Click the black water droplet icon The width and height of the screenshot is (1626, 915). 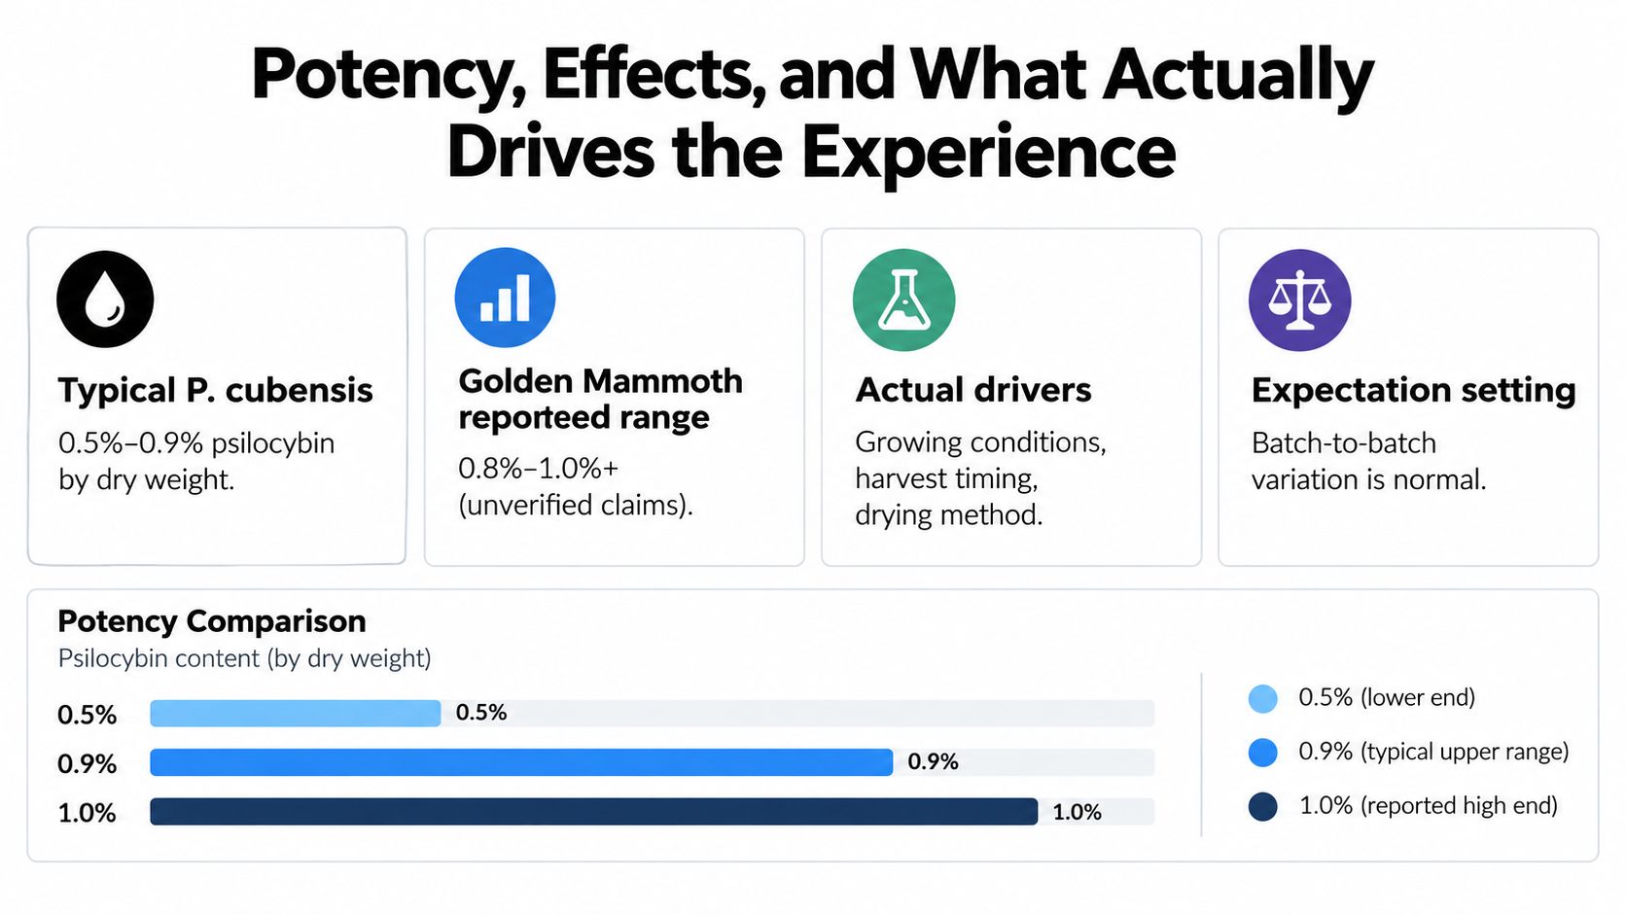[105, 299]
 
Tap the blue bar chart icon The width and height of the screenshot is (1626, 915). [506, 298]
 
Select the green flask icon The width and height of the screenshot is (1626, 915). [903, 299]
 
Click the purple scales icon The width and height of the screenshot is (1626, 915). [1299, 299]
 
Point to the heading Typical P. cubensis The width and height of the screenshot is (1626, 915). [216, 390]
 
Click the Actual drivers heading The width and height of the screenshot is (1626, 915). [972, 390]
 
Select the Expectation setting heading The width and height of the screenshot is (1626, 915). [1413, 390]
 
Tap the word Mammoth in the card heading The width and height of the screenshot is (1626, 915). [662, 381]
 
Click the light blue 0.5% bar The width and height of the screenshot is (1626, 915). [296, 714]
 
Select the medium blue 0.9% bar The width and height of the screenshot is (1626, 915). [521, 762]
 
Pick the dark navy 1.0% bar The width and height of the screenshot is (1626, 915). [594, 811]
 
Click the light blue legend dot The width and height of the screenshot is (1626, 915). [1263, 699]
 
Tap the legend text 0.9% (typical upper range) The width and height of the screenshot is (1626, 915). [1433, 752]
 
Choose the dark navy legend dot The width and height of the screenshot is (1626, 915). [1263, 806]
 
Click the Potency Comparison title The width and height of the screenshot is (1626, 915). [212, 621]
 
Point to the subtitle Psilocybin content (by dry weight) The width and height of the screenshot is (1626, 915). [245, 659]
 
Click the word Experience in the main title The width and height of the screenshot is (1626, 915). [989, 154]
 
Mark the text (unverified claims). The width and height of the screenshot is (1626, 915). [576, 505]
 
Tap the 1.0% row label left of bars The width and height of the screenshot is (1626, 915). [88, 813]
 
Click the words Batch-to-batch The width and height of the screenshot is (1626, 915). [1344, 443]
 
